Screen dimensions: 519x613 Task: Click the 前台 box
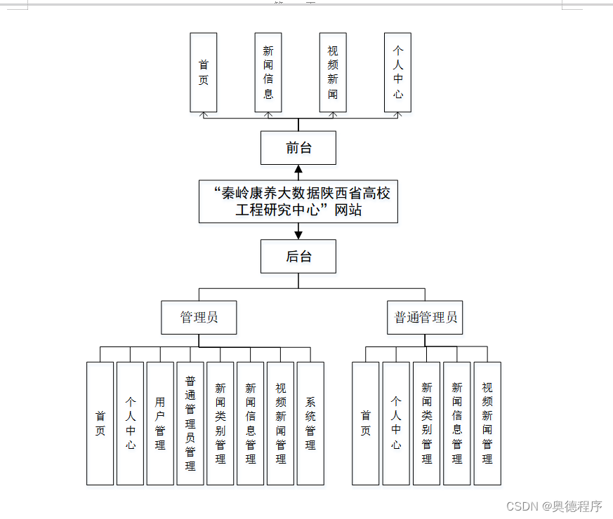298,148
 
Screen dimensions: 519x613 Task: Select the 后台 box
298,256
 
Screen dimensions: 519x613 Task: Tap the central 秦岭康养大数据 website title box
298,201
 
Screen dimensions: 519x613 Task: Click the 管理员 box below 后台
199,317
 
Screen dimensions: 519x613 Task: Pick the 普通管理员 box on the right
426,317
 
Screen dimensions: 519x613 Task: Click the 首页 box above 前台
204,72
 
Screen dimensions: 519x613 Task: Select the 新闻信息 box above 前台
268,72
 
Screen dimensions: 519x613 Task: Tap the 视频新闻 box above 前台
333,72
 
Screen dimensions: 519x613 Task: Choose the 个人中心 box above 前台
397,72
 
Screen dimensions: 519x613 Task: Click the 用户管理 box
160,423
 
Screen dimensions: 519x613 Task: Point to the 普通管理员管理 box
190,423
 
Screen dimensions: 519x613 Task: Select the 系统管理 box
310,423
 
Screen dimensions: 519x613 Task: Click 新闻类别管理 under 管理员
220,423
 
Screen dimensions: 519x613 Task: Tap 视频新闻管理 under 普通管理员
487,423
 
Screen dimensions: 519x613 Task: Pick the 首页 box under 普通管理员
365,423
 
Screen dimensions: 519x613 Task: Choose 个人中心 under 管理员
130,423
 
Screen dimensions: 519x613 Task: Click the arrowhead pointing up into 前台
298,169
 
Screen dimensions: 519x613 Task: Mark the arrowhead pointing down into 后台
298,234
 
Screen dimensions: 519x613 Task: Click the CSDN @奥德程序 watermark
554,506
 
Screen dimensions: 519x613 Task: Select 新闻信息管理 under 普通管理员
457,423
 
